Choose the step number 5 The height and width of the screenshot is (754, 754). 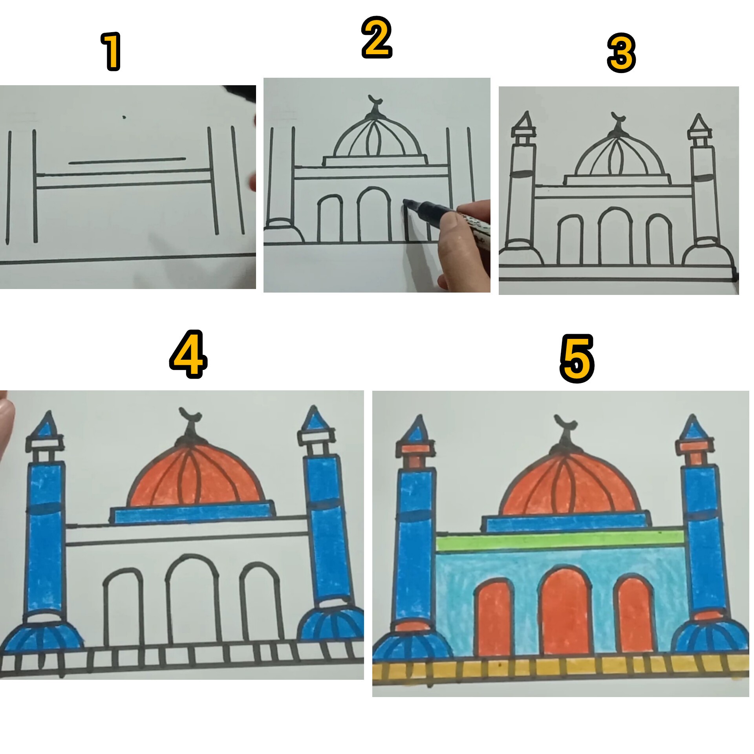576,359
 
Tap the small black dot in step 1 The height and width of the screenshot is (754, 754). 124,117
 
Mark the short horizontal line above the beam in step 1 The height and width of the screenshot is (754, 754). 127,161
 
